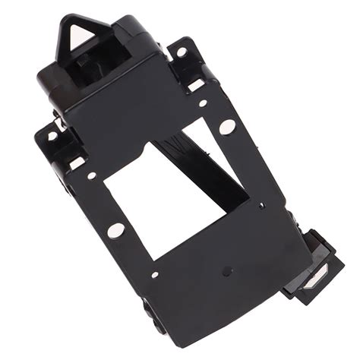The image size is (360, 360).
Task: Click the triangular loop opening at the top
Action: (79, 36)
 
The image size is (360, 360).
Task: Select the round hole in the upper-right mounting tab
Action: (182, 52)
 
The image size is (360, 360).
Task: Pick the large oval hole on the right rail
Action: (227, 127)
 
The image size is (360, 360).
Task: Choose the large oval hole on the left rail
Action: (115, 230)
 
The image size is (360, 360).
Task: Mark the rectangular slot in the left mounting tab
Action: (77, 163)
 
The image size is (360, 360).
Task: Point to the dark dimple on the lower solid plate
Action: (226, 270)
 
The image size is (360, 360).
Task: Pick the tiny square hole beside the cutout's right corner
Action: (261, 205)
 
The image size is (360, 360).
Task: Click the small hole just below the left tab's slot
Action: (91, 175)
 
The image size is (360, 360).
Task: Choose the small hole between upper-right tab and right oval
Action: (203, 103)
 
